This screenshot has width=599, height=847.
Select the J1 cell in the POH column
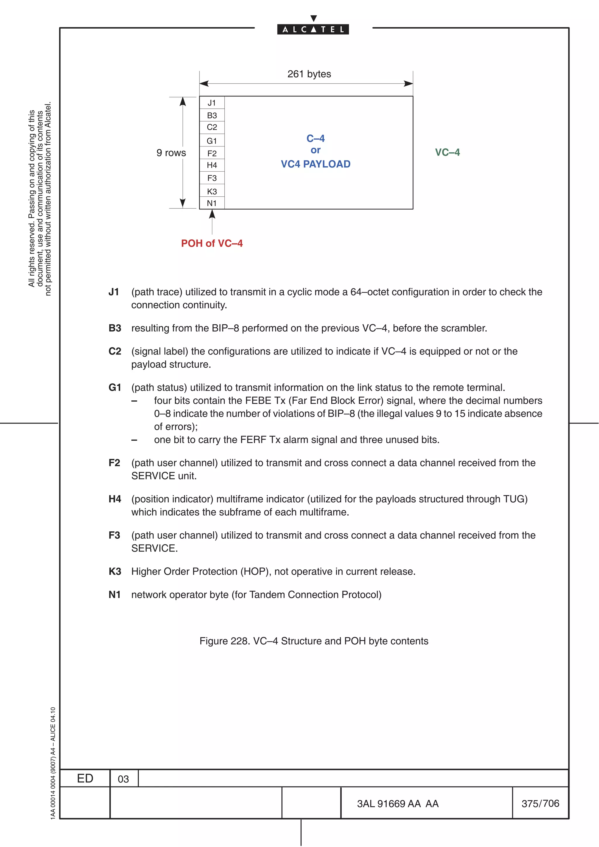click(x=211, y=103)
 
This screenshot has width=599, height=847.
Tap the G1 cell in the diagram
click(x=211, y=141)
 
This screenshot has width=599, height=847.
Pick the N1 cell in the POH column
click(x=211, y=203)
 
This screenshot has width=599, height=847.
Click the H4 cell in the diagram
click(x=211, y=165)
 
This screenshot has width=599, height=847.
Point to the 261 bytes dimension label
click(x=309, y=74)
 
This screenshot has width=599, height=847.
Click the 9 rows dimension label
click(x=171, y=153)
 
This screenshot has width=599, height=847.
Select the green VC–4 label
click(x=447, y=152)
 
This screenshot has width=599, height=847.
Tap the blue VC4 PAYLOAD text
click(x=316, y=164)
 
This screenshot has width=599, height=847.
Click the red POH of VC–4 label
click(x=211, y=243)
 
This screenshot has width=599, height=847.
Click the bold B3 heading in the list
click(x=114, y=328)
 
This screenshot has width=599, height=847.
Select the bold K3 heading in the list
click(x=114, y=571)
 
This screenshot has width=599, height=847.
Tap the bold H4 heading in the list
click(x=114, y=499)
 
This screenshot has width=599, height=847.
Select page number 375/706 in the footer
click(x=540, y=803)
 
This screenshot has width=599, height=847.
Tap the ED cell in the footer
click(x=85, y=778)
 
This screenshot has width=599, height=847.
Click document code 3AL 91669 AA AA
click(x=397, y=804)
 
